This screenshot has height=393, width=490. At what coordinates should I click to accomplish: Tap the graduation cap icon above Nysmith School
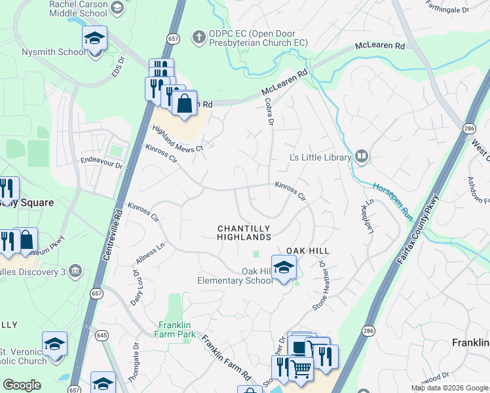[x=94, y=38]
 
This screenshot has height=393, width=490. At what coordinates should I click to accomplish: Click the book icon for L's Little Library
[x=362, y=157]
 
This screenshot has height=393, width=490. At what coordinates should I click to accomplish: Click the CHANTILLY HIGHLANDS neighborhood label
[x=244, y=233]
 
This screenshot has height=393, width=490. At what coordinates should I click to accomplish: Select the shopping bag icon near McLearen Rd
[x=185, y=103]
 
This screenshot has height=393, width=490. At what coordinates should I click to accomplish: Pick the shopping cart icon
[x=300, y=368]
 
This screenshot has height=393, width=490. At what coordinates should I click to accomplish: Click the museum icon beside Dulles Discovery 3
[x=76, y=270]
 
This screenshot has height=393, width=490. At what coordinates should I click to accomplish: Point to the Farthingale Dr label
[x=447, y=10]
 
